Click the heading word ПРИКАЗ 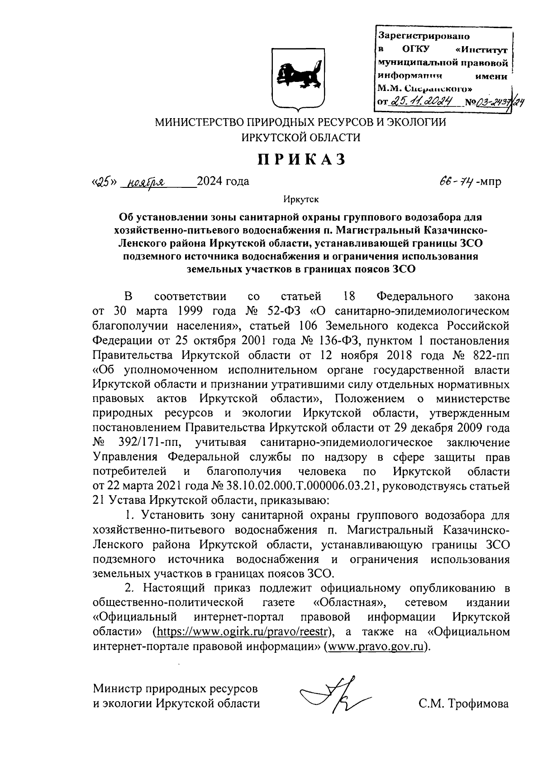tap(301, 159)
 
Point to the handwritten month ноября tap(146, 182)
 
